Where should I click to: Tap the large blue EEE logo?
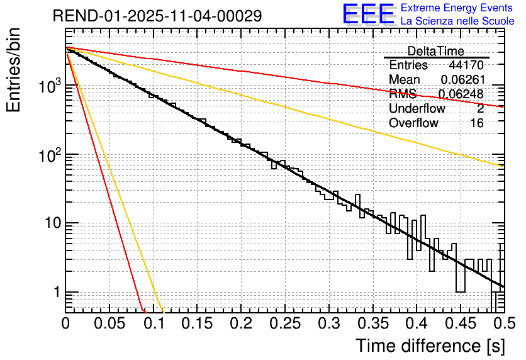tap(369, 15)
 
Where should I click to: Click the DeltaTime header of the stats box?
tap(436, 51)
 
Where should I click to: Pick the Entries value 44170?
tap(466, 65)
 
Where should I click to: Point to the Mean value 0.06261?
tap(462, 80)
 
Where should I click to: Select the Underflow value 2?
tap(480, 109)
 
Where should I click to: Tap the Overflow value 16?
tap(477, 123)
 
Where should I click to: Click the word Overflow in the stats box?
tap(413, 123)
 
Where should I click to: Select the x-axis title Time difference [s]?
tap(430, 346)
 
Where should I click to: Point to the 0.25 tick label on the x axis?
tap(284, 323)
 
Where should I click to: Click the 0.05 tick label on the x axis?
tap(109, 323)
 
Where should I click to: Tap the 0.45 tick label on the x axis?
tap(459, 323)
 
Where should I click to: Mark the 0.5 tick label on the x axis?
tap(503, 323)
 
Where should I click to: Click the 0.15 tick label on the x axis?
tap(197, 323)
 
